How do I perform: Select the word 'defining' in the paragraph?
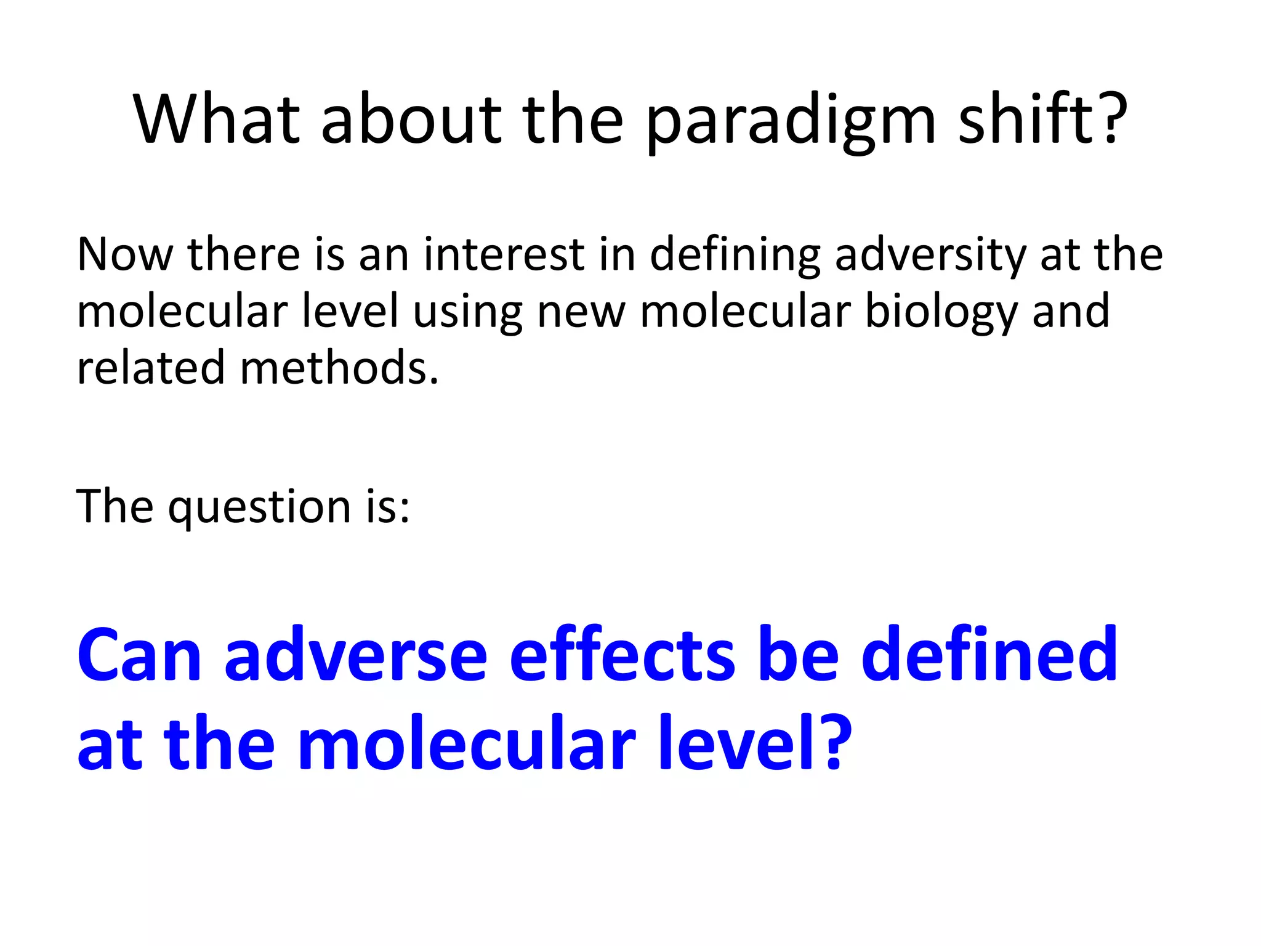[735, 255]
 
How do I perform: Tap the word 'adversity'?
[930, 255]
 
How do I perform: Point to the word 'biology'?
[941, 312]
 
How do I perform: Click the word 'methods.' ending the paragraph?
[339, 368]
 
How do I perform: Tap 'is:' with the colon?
[388, 507]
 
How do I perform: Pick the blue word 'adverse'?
[356, 655]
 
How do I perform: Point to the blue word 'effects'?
[622, 655]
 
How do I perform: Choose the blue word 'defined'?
[988, 655]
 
